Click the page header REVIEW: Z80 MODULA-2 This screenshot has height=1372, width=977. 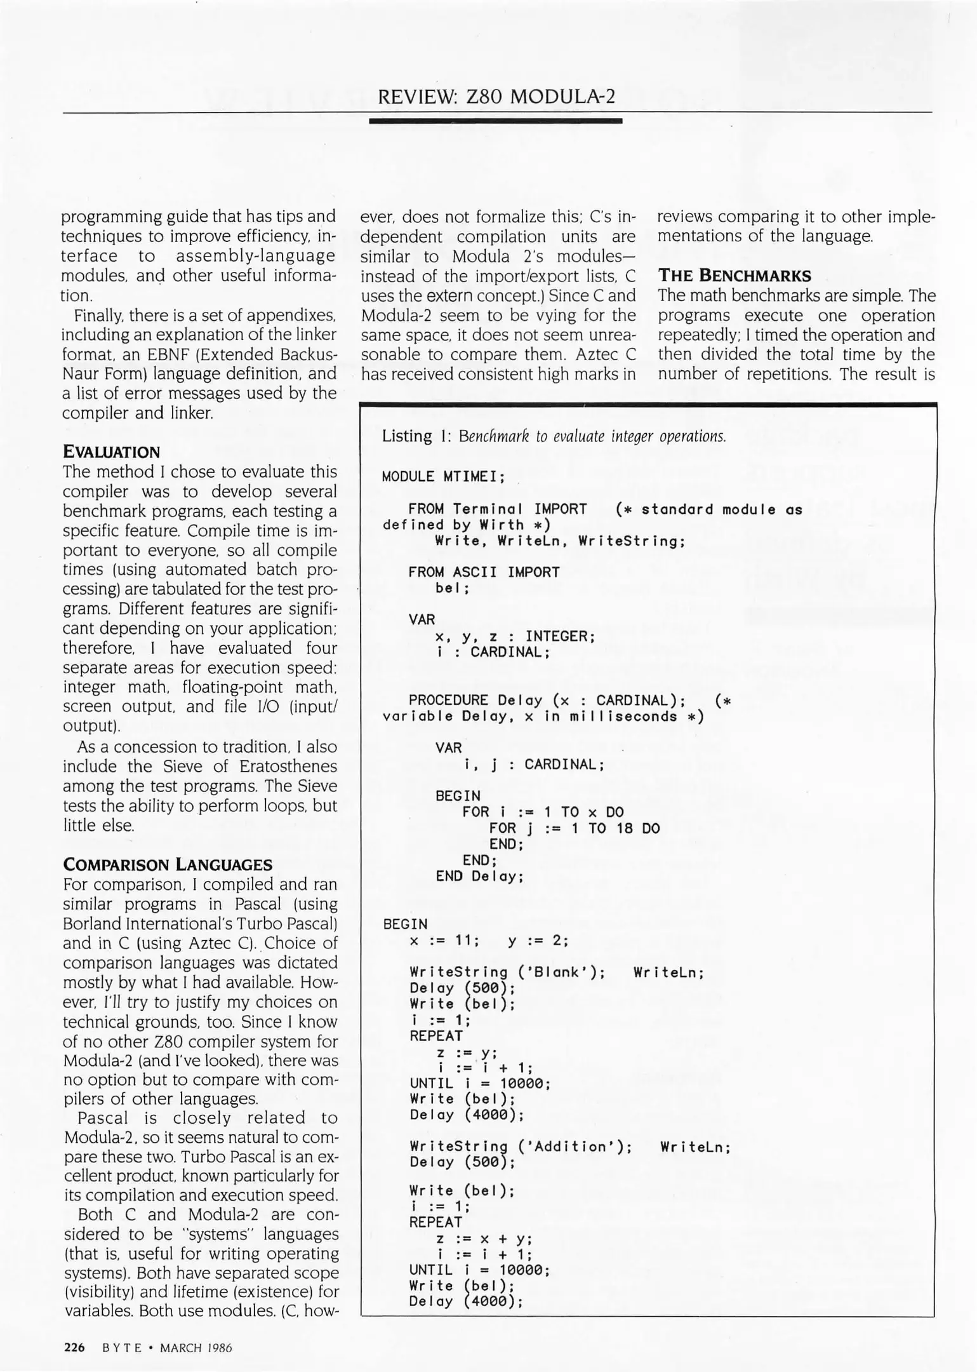tap(496, 96)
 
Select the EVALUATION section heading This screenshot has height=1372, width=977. tap(111, 452)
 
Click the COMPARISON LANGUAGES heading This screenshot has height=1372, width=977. tap(168, 864)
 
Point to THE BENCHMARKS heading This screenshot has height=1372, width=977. tap(734, 276)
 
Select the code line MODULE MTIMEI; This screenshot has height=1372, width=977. tap(443, 476)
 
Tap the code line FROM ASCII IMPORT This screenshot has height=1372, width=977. tap(484, 572)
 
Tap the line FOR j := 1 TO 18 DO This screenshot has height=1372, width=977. tap(574, 828)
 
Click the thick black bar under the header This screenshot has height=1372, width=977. tap(495, 121)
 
